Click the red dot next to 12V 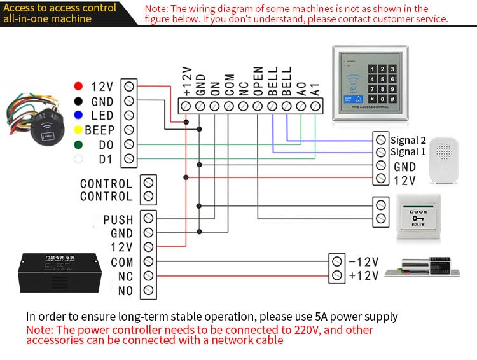(78, 86)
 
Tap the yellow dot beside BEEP (78, 130)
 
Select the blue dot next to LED (78, 115)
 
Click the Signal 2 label (408, 140)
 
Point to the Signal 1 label (408, 152)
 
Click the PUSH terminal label (118, 220)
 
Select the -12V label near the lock (363, 261)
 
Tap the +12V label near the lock (363, 275)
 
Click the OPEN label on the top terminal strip (258, 81)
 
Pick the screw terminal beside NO (148, 291)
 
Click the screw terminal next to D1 (129, 158)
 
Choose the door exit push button (418, 216)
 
